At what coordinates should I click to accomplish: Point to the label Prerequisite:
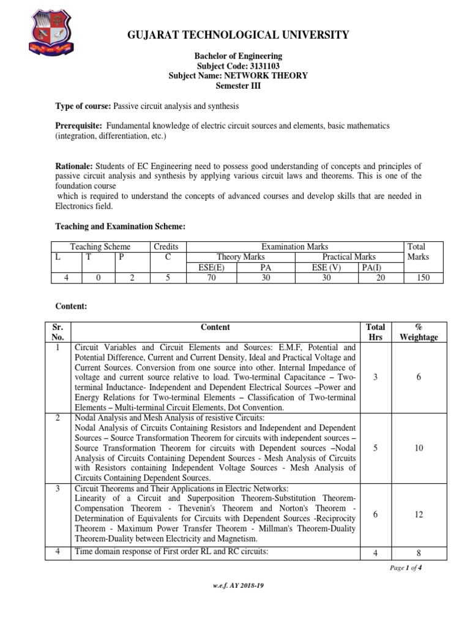[x=79, y=126]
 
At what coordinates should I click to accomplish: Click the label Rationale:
[x=73, y=167]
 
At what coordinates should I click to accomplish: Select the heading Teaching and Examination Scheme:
[x=120, y=227]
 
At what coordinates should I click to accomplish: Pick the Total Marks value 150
[x=419, y=277]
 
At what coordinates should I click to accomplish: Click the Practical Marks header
[x=349, y=257]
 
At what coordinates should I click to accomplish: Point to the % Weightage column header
[x=419, y=332]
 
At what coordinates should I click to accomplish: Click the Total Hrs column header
[x=375, y=332]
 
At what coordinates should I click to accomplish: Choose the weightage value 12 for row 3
[x=419, y=515]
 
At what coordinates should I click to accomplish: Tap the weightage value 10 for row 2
[x=419, y=448]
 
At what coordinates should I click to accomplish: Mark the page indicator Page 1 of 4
[x=406, y=568]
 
